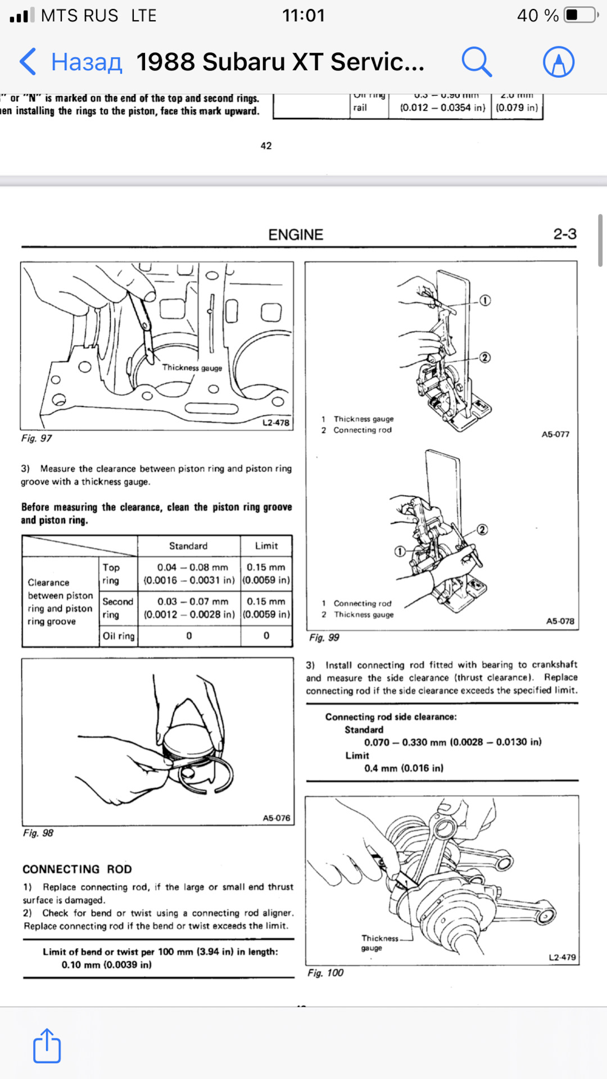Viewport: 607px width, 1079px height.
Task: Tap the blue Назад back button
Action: [71, 61]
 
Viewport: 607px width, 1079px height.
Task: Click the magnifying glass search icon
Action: [477, 61]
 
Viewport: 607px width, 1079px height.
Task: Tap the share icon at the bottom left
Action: [47, 1046]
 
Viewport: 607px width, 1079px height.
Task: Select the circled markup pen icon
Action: [559, 61]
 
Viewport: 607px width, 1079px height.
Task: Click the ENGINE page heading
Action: [296, 234]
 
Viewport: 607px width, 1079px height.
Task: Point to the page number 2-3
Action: [565, 234]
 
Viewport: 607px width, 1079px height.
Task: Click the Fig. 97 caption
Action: [37, 438]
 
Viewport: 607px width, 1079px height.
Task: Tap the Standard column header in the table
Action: [188, 546]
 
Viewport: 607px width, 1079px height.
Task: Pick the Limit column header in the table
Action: [266, 546]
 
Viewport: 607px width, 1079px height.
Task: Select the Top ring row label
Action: [111, 574]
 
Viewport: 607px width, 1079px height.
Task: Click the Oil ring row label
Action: [119, 636]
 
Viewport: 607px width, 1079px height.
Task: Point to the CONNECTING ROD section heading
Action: [77, 869]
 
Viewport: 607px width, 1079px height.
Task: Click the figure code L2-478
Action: [276, 423]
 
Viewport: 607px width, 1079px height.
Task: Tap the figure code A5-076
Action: [277, 818]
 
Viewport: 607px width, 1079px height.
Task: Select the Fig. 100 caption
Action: [325, 973]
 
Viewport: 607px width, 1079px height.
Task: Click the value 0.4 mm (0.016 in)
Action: [404, 768]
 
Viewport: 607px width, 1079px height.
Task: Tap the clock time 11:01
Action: [303, 15]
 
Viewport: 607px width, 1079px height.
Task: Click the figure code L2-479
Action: [562, 957]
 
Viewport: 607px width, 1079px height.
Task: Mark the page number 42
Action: [266, 146]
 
